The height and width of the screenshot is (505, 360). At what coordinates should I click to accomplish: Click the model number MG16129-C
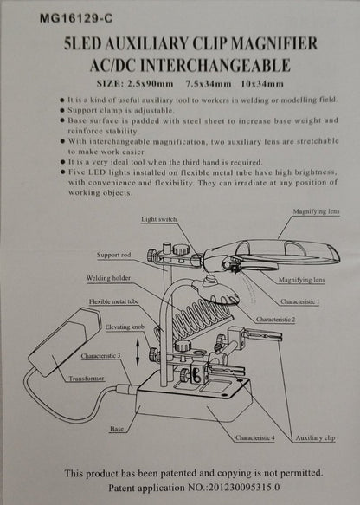point(76,19)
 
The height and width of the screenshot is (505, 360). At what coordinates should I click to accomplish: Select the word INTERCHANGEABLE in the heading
point(215,65)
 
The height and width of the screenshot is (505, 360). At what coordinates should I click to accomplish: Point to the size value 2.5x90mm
point(151,84)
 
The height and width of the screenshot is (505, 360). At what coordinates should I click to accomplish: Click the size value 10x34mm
point(262,84)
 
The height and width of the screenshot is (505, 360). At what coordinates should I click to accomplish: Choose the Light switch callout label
point(159,219)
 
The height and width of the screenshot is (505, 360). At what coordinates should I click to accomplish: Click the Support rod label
point(114,255)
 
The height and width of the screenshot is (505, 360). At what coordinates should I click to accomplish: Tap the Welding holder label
point(108,278)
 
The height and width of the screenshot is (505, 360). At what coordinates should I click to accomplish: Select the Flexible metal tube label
point(113,301)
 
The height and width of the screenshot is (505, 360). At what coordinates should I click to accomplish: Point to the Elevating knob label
point(125,327)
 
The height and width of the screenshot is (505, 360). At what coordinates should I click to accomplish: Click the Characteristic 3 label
point(100,356)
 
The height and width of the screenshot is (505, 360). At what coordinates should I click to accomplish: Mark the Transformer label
point(87,379)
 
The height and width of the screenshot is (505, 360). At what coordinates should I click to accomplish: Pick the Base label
point(117,429)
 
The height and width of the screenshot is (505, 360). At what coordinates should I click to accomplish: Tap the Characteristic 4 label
point(254,438)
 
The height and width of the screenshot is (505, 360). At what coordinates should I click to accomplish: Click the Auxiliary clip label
point(315,438)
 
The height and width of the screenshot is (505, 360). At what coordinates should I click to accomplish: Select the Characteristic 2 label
point(275,320)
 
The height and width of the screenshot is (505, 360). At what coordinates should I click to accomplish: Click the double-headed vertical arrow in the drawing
point(138,352)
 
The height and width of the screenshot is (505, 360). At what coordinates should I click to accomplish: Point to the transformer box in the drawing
point(65,341)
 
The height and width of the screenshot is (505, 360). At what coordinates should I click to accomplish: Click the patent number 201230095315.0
point(244,488)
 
